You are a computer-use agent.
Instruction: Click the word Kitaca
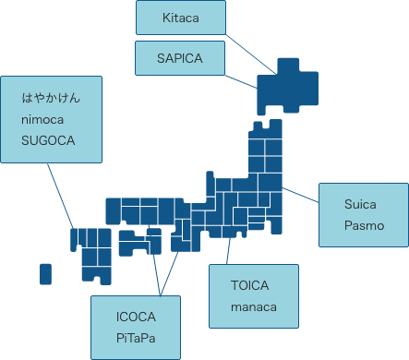181,18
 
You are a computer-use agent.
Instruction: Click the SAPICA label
180,57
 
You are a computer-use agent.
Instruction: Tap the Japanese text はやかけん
53,96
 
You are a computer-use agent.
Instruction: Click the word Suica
361,203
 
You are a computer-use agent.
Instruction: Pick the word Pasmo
364,225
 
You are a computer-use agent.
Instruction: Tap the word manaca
254,307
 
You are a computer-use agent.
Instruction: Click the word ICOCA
137,317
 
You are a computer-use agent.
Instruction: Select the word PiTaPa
137,339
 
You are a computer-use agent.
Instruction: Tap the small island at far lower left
45,273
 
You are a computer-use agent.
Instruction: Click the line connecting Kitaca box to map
249,52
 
